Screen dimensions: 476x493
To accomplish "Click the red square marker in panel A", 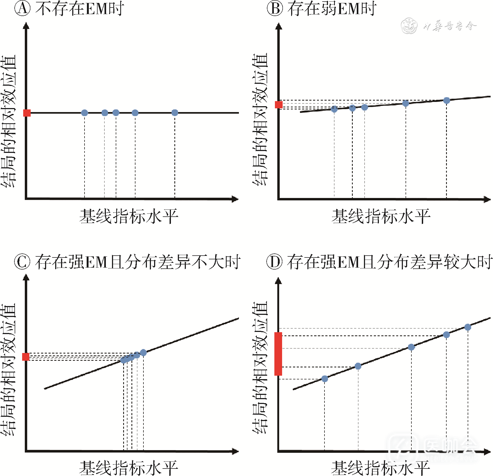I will coord(27,113).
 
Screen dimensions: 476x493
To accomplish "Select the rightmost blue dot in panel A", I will coord(175,113).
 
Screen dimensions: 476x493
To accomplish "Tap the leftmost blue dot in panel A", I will coord(85,113).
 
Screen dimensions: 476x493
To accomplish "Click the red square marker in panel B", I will coord(279,105).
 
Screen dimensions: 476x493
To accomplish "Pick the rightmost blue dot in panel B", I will coord(447,100).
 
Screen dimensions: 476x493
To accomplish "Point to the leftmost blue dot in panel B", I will coord(334,109).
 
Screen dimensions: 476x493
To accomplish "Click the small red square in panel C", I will coord(26,357).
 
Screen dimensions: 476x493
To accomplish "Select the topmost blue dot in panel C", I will coord(143,352).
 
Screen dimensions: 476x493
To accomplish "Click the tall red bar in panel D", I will coord(278,354).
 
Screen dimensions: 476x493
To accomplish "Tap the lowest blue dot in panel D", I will coord(324,379).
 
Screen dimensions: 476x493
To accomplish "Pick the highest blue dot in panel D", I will coord(468,327).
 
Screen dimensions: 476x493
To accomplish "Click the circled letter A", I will coord(22,9).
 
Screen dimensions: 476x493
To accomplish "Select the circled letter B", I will coord(275,9).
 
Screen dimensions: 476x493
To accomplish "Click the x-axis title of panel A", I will coord(129,216).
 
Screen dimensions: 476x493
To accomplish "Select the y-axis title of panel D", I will coord(260,368).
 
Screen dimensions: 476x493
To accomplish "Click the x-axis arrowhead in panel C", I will coord(235,451).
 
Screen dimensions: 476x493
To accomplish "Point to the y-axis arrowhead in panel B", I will coord(279,26).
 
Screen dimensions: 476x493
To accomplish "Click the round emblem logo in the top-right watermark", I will coord(409,26).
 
